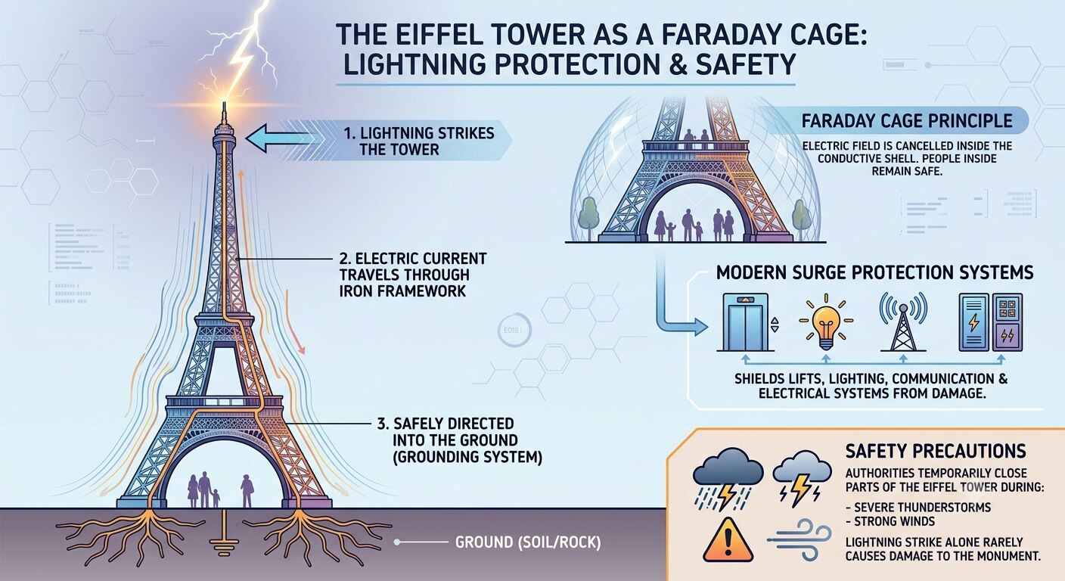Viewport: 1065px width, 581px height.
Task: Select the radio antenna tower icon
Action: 903,322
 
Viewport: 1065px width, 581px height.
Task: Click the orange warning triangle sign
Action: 728,540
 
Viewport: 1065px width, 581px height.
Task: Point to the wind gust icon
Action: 800,540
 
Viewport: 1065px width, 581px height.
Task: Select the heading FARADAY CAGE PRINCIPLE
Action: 907,121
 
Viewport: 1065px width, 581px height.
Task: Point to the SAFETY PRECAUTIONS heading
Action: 936,451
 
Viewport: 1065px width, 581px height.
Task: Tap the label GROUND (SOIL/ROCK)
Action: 528,542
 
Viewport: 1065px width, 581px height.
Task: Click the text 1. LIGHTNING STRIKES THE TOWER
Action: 419,141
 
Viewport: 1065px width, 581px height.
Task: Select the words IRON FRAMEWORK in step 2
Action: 402,291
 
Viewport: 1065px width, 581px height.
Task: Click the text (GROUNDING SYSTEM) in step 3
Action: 467,457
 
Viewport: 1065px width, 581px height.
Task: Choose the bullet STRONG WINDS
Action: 890,521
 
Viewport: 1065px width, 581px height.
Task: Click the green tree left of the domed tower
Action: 588,218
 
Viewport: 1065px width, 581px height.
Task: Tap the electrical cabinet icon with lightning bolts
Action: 990,322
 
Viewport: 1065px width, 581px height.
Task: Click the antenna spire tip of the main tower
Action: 223,102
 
